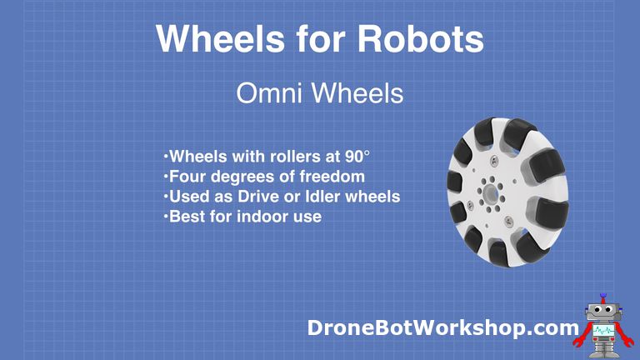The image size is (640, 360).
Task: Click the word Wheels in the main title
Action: pos(209,38)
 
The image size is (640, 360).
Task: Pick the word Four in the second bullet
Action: pos(186,177)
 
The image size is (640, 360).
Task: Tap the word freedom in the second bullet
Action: pos(331,177)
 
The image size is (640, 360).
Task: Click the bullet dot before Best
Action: pos(166,217)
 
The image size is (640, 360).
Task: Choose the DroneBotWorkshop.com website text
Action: pos(442,327)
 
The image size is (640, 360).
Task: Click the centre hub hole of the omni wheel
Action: pos(491,192)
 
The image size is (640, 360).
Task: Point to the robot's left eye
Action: pos(595,312)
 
